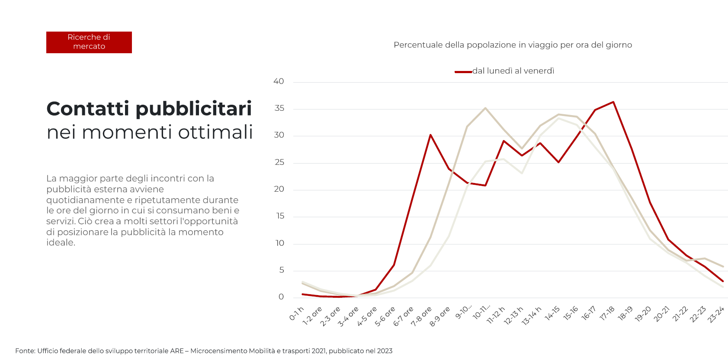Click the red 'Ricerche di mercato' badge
(x=89, y=42)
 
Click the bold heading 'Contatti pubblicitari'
(x=149, y=109)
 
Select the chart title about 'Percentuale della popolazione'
(x=513, y=45)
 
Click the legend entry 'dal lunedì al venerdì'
(x=513, y=71)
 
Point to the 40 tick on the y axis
(x=279, y=81)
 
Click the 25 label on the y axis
(x=279, y=162)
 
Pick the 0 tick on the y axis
(x=281, y=297)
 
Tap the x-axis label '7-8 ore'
(x=421, y=316)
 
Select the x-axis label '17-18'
(x=607, y=313)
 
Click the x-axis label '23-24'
(x=716, y=315)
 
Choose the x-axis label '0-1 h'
(x=297, y=314)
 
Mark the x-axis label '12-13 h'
(x=513, y=316)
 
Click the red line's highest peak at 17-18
(x=613, y=102)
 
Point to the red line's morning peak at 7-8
(x=430, y=135)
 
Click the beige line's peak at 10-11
(x=485, y=108)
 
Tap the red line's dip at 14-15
(x=558, y=162)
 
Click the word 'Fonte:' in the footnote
(x=25, y=351)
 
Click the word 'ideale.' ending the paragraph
(x=61, y=243)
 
